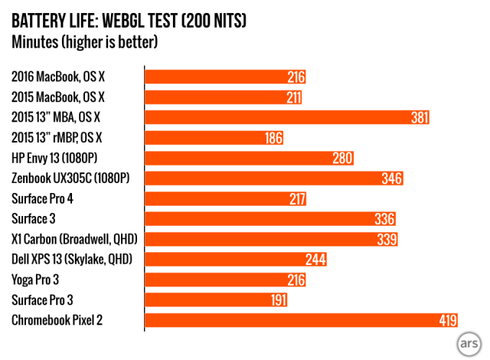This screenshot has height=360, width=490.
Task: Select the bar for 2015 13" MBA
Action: (x=287, y=118)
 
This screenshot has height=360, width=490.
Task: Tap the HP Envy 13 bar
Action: (x=249, y=159)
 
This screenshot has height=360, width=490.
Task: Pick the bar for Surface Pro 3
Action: (x=215, y=300)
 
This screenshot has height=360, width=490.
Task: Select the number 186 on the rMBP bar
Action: (x=273, y=138)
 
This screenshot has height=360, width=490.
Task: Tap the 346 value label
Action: (x=392, y=178)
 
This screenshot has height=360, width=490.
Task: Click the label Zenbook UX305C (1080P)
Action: (x=70, y=178)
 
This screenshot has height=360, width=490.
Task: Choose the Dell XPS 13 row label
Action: (x=72, y=260)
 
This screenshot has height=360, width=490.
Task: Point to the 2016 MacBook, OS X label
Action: (x=57, y=77)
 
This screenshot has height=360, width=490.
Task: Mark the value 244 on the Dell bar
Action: (x=315, y=260)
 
